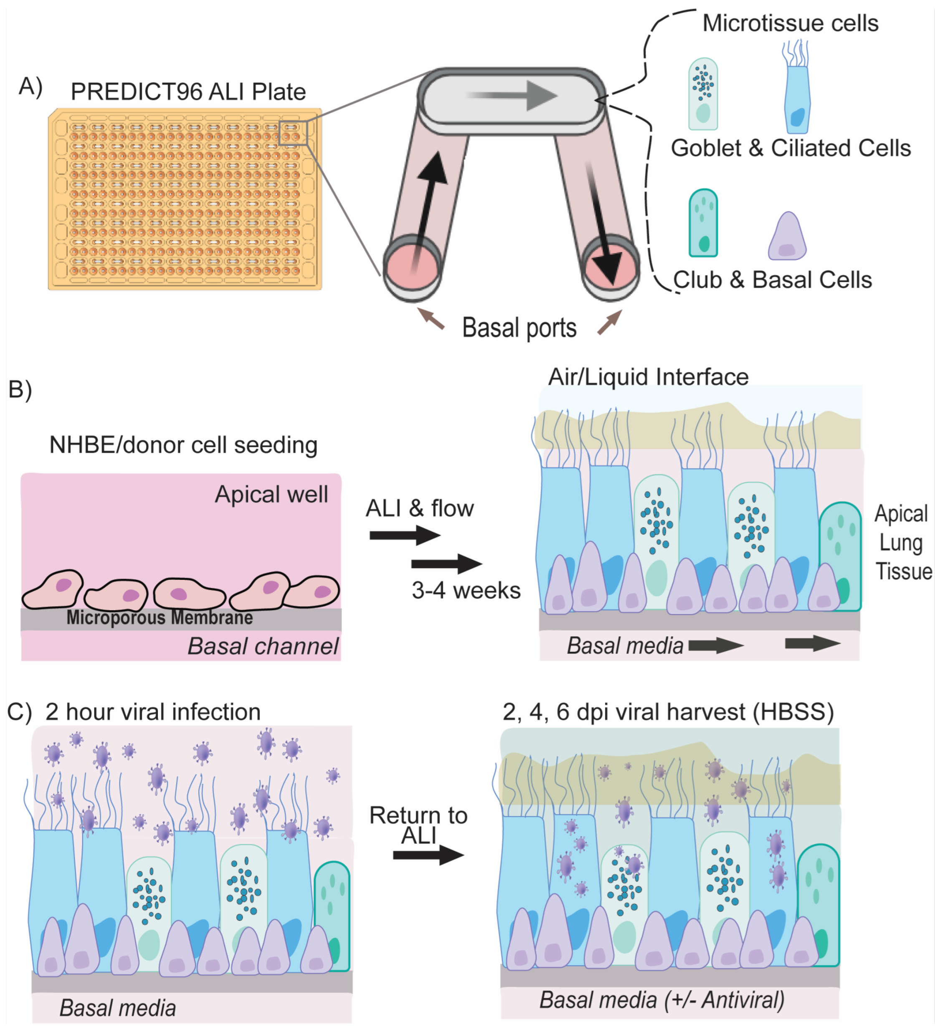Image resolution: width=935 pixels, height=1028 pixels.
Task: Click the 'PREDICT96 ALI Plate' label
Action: [188, 92]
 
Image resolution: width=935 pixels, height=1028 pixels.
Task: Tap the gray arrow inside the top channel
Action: [512, 95]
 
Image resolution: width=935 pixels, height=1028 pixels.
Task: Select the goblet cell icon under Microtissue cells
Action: [703, 94]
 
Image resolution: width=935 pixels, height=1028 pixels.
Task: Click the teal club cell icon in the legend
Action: [703, 223]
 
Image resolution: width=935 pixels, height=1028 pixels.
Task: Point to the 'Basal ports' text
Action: [519, 328]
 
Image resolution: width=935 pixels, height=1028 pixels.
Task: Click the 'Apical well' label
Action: [271, 495]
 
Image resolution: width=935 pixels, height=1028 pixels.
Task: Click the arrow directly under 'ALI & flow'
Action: [405, 536]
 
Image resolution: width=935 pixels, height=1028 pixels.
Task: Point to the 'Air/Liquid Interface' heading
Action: [648, 377]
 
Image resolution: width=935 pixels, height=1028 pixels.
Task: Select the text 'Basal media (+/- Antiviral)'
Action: [662, 1000]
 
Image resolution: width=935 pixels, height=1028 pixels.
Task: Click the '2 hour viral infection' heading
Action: [153, 712]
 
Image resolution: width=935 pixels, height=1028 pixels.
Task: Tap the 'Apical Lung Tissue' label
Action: [902, 543]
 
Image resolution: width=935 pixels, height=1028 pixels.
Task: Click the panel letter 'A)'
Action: [30, 87]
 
